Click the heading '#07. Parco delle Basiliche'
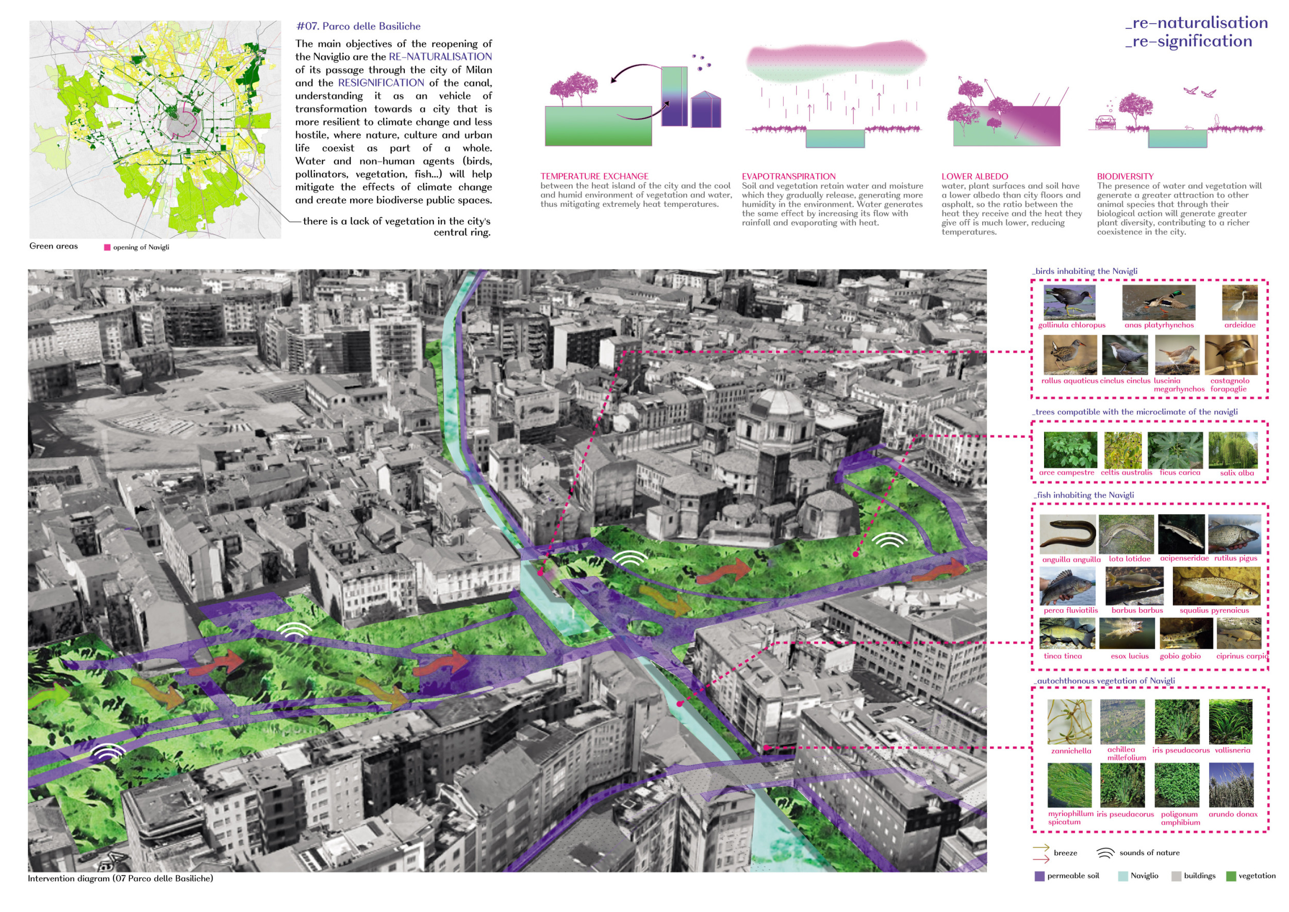coord(358,26)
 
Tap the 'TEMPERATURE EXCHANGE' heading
coord(594,176)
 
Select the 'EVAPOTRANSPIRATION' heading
coord(788,176)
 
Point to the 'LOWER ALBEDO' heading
coord(974,176)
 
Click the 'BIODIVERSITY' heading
coord(1125,176)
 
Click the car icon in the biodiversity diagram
coord(1105,122)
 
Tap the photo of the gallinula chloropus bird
coord(1069,302)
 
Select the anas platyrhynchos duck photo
coord(1159,302)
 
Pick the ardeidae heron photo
coord(1240,302)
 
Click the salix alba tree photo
coord(1233,450)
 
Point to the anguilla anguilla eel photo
coord(1067,534)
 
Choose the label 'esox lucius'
coord(1130,656)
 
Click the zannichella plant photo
coord(1069,722)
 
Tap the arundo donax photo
coord(1231,785)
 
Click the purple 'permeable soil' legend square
coord(1039,876)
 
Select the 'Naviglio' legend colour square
coord(1123,876)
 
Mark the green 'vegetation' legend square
coord(1231,876)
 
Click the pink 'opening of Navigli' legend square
coord(107,247)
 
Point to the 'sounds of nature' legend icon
coord(1105,853)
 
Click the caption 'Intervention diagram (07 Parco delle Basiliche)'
coord(120,878)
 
